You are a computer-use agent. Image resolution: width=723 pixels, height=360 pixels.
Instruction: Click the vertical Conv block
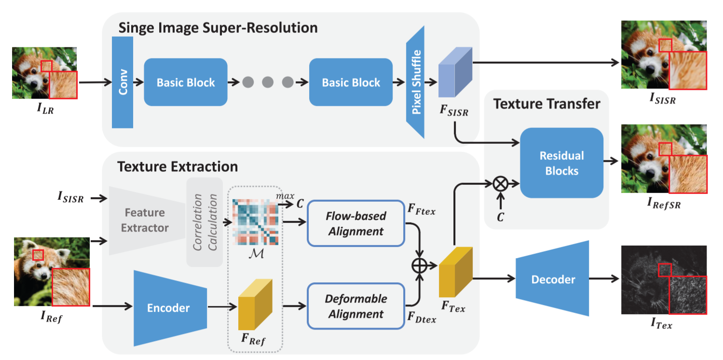(123, 83)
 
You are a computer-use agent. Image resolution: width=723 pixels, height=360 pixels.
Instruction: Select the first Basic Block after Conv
(186, 83)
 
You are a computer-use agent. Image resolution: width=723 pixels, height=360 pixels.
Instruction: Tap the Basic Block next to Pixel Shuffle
(351, 83)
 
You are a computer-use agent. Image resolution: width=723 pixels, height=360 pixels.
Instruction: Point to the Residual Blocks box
(561, 163)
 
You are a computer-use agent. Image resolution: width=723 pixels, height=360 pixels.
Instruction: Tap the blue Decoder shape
(553, 279)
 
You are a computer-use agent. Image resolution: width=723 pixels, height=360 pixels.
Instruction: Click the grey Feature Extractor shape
(145, 220)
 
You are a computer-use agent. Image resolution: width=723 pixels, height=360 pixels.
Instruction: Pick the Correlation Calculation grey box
(205, 222)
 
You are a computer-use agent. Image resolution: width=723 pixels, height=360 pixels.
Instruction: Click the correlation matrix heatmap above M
(255, 222)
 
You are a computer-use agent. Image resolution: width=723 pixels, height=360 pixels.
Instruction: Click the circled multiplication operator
(500, 184)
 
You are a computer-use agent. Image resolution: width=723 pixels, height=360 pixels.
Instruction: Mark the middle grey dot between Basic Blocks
(268, 83)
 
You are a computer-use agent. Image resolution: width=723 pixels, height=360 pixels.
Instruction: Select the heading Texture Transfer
(546, 103)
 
